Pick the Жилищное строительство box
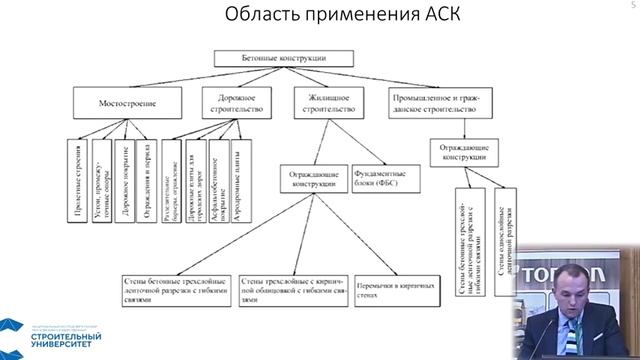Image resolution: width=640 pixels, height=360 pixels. tap(324, 102)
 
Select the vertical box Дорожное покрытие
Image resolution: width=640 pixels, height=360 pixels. tap(125, 171)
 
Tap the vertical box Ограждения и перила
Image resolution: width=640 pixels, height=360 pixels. tap(148, 171)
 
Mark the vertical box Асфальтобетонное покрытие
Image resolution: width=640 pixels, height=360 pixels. tap(215, 171)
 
